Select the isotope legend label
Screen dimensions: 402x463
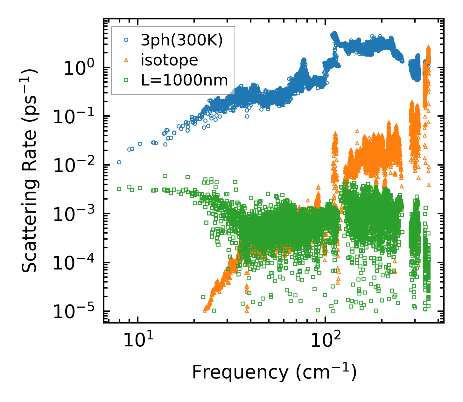169,60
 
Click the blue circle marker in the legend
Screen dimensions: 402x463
126,40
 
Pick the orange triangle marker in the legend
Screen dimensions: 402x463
126,60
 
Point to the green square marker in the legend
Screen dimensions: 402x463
126,80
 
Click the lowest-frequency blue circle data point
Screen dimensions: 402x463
119,162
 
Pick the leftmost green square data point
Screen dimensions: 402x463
119,189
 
